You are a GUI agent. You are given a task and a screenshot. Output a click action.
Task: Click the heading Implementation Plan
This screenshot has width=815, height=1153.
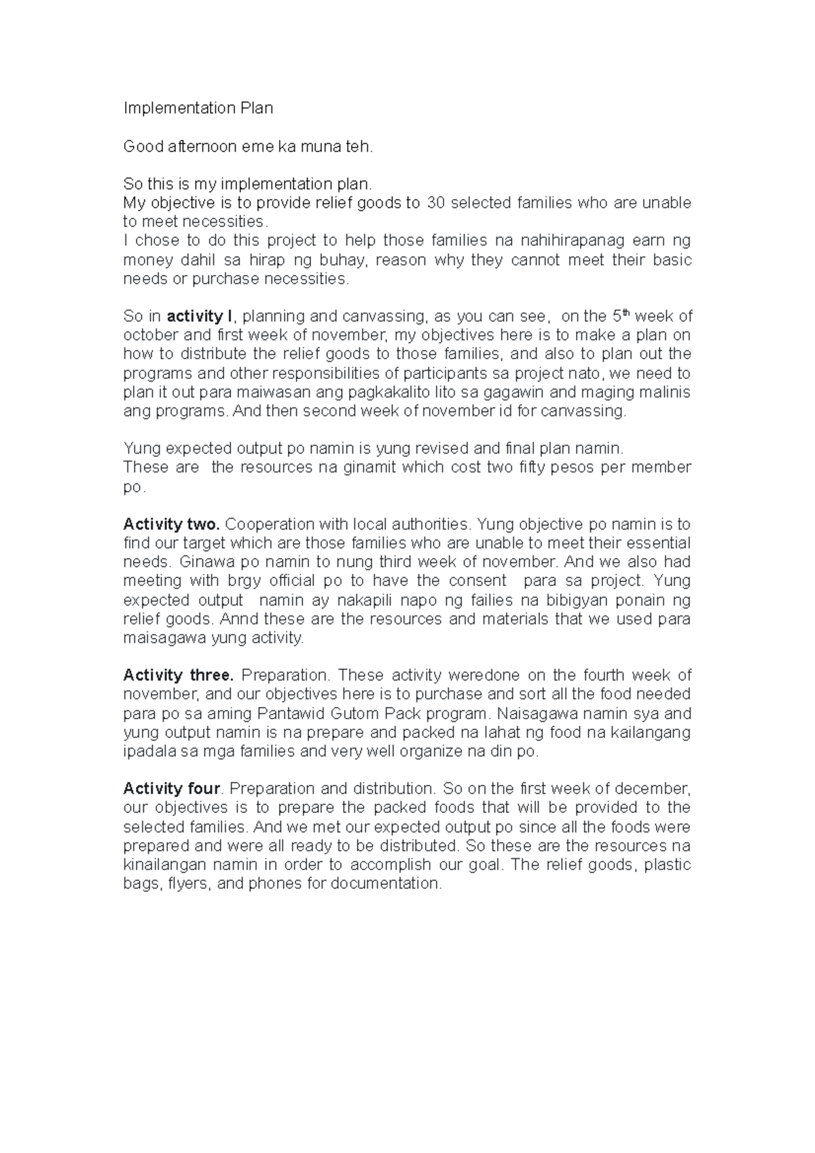click(198, 108)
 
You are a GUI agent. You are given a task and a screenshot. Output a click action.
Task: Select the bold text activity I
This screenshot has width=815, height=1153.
click(200, 316)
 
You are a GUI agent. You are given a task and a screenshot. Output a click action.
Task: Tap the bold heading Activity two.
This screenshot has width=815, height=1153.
click(171, 524)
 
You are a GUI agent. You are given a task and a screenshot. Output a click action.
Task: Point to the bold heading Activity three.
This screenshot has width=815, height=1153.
click(178, 675)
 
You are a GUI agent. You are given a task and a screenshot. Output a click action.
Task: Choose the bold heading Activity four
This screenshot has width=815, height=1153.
click(172, 788)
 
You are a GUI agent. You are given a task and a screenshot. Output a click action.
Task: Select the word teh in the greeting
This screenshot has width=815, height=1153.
click(361, 146)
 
